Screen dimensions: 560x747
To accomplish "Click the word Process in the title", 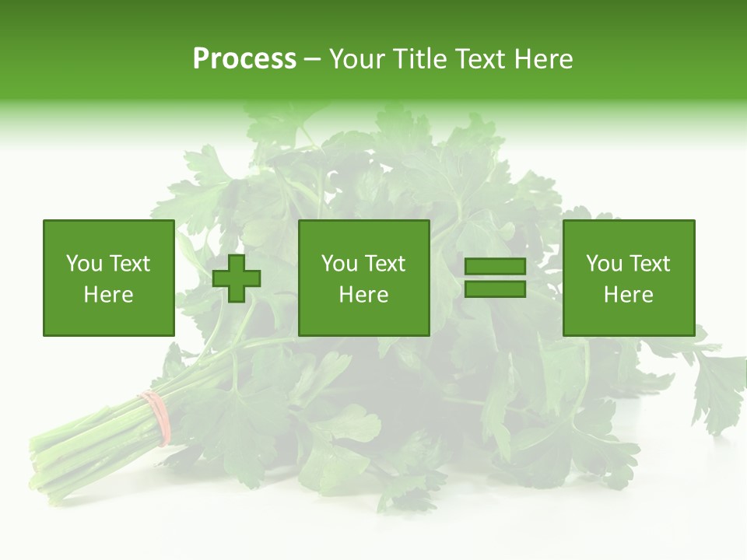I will point(244,59).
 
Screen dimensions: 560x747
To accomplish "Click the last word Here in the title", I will point(545,59).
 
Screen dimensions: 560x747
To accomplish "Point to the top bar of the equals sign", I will point(495,267).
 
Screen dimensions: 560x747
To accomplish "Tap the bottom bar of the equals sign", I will point(495,289).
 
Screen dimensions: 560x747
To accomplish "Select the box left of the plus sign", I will point(108,278).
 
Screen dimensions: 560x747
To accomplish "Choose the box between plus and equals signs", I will point(363,278).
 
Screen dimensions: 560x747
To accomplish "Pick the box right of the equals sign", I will point(628,278).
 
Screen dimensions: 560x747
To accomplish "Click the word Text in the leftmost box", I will point(129,264).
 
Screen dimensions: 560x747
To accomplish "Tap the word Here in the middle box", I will point(363,295).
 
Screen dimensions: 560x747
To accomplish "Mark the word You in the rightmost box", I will point(604,264).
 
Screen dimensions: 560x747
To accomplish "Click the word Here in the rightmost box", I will point(628,295).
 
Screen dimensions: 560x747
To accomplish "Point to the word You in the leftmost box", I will point(84,264).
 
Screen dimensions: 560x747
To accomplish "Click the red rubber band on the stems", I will point(156,417).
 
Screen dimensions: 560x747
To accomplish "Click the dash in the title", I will point(312,60).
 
